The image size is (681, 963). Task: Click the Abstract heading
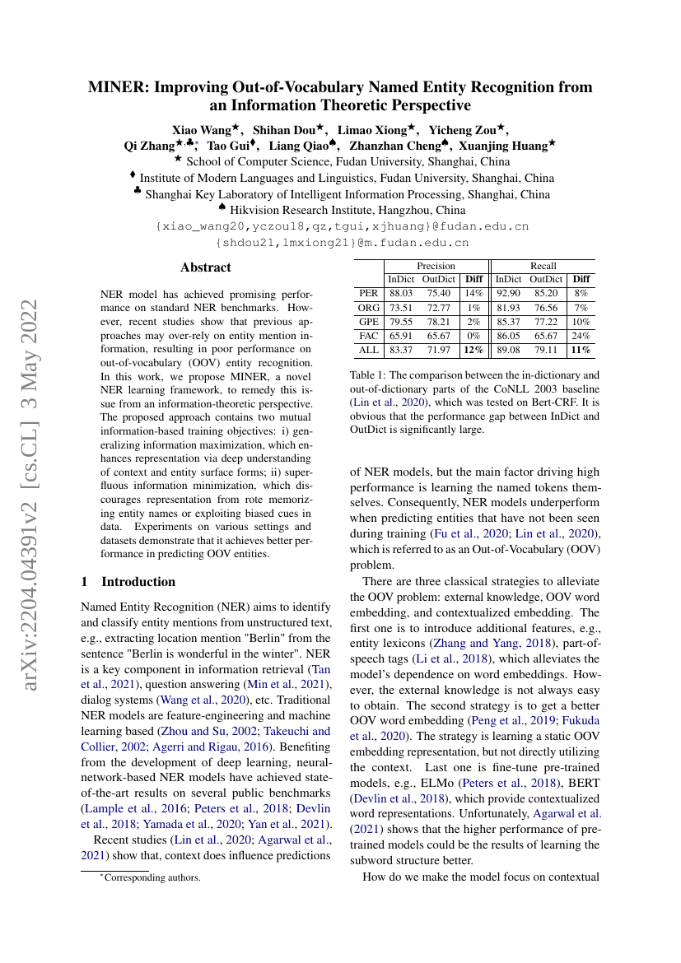[x=206, y=267]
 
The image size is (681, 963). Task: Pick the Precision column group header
[x=436, y=266]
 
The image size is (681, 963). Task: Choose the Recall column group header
[x=543, y=266]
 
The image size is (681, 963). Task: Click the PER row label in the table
[x=369, y=293]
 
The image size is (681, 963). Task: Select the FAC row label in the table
[x=369, y=336]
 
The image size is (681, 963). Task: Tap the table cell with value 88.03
[x=401, y=293]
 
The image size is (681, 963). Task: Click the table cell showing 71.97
[x=437, y=351]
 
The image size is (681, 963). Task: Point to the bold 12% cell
[x=473, y=351]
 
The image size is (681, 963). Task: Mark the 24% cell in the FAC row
[x=581, y=336]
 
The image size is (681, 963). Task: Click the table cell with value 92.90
[x=509, y=293]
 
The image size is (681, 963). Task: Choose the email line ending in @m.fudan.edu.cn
[x=342, y=243]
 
